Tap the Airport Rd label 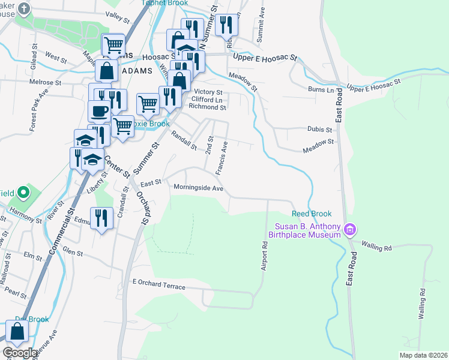coord(264,256)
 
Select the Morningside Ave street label coord(198,188)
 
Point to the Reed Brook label coord(312,214)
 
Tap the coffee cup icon coord(99,111)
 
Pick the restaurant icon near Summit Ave coord(226,25)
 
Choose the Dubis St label coord(320,129)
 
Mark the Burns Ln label coord(321,89)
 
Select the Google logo coord(19,353)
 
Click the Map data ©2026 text coord(424,355)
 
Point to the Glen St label coord(72,253)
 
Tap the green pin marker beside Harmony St coord(23,193)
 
